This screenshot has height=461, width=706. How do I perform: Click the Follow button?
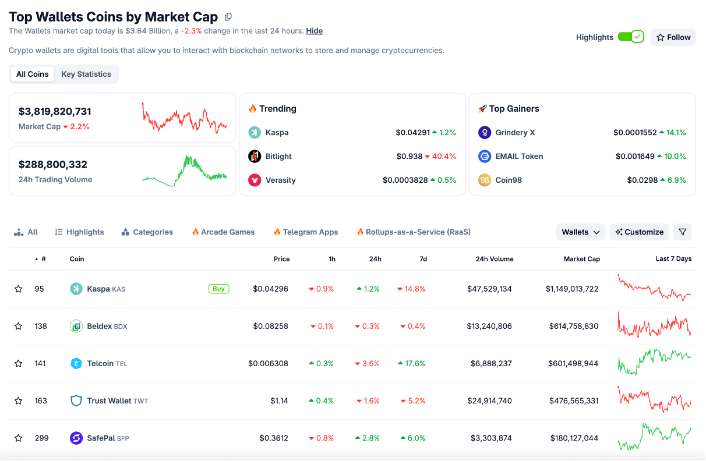point(673,37)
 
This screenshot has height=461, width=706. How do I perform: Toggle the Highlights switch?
point(630,37)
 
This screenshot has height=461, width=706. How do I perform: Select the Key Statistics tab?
point(86,74)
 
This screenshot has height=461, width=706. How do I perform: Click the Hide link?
point(314,31)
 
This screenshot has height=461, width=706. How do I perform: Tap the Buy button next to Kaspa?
point(218,289)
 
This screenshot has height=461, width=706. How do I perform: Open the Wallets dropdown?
point(580,232)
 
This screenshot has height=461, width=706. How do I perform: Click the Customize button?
point(639,232)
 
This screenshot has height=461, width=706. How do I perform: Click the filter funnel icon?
point(683,232)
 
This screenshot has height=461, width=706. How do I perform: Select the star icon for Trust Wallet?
point(19,400)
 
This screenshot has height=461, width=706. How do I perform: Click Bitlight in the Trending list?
point(278,156)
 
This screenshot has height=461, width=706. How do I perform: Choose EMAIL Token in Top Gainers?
point(519,156)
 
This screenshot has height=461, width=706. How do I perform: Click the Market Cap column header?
point(581,259)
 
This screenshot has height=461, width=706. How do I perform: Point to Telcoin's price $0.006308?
point(268,363)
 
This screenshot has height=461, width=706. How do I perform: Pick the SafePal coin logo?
point(76,438)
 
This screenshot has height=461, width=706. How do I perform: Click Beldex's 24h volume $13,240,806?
point(489,326)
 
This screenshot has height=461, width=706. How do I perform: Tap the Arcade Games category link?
point(227,232)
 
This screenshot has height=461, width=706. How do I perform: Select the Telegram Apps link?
point(310,232)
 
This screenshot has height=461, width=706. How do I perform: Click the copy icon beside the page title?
point(228,17)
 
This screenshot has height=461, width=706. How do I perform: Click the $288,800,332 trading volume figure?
point(53,164)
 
